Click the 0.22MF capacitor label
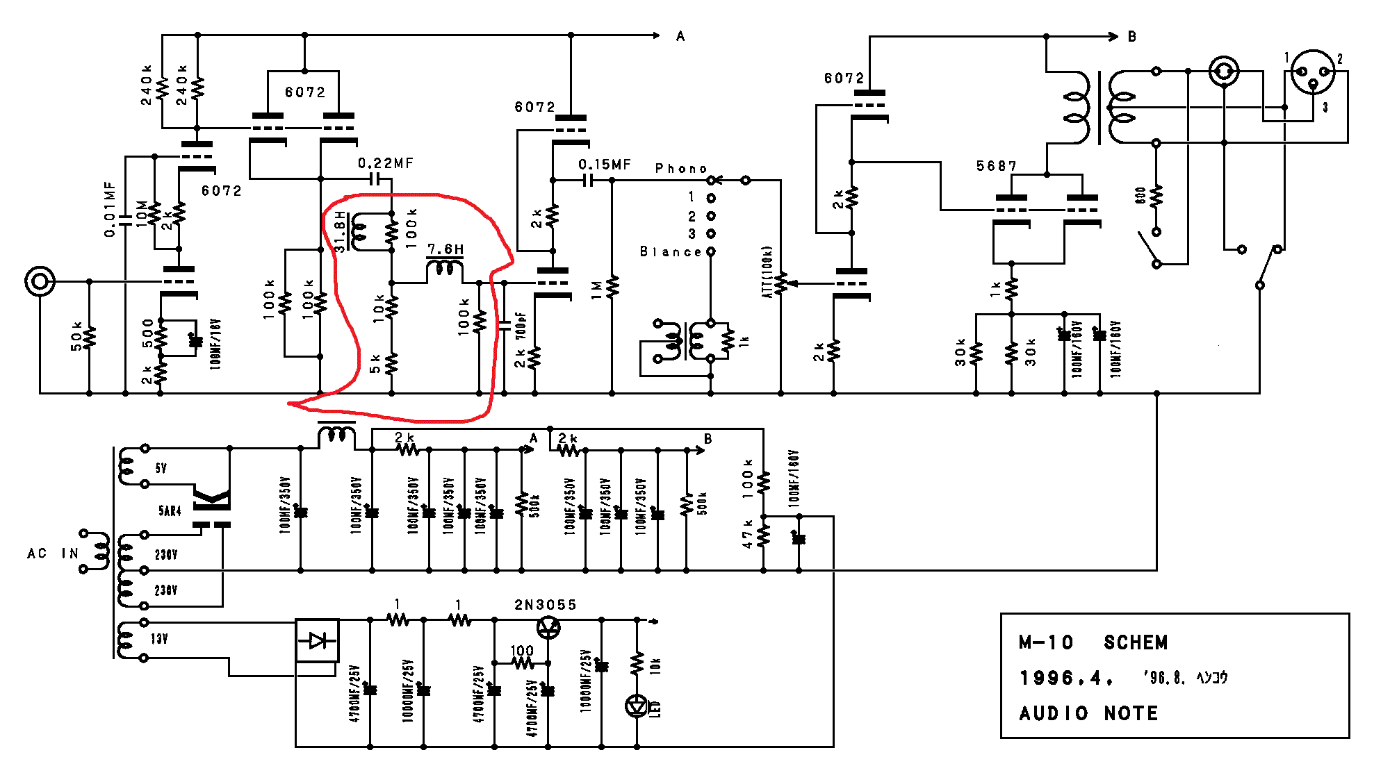point(386,163)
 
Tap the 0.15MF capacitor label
point(605,165)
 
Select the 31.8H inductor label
point(340,231)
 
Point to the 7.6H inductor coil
point(445,269)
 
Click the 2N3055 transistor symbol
point(549,627)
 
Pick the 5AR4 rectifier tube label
point(170,511)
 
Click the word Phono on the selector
point(680,169)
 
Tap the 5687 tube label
point(996,166)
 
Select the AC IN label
point(52,554)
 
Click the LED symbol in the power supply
point(637,706)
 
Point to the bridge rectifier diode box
point(318,640)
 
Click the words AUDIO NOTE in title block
point(1088,713)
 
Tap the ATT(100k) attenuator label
point(767,272)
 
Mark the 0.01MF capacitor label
point(110,210)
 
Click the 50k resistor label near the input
point(76,336)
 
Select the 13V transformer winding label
point(159,639)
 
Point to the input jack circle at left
point(40,281)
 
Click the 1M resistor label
point(596,290)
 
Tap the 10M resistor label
point(142,213)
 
